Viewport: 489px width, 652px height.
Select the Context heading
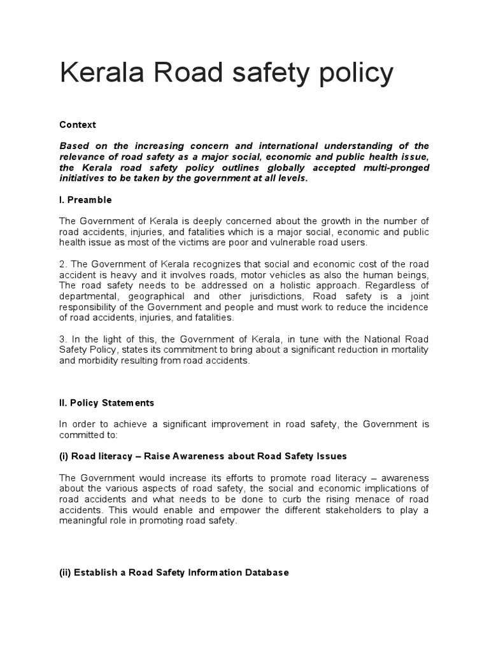pyautogui.click(x=77, y=125)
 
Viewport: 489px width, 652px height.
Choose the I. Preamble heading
pyautogui.click(x=85, y=200)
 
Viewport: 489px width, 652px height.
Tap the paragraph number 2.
pyautogui.click(x=62, y=265)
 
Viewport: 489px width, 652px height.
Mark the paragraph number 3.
pyautogui.click(x=62, y=339)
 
